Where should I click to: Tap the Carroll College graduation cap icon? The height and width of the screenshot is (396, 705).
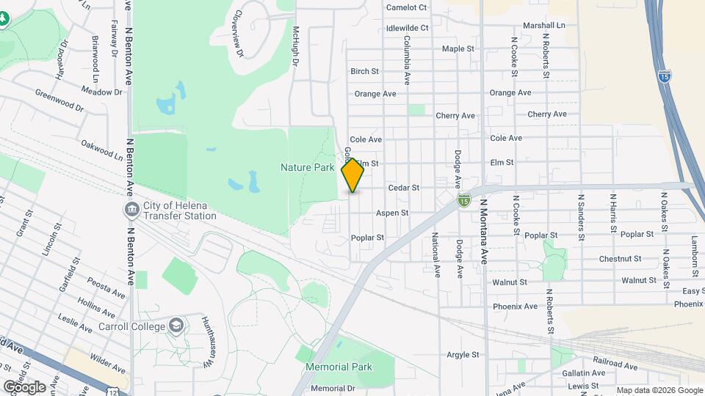click(x=176, y=325)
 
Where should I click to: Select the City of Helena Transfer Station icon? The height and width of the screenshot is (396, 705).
click(x=131, y=210)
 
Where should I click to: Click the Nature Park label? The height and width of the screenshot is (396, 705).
click(x=307, y=167)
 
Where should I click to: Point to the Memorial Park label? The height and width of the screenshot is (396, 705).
click(x=339, y=367)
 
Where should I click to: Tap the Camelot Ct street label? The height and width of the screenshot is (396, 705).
click(x=406, y=7)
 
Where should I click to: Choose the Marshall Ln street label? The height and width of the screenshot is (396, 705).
click(x=544, y=25)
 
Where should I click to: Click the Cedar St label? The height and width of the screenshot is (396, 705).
click(x=403, y=188)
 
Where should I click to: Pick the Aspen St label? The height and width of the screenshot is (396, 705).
click(x=391, y=213)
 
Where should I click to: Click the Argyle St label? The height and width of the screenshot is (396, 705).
click(x=463, y=354)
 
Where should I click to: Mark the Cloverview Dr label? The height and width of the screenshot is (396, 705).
click(x=236, y=34)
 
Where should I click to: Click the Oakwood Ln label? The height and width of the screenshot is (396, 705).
click(x=102, y=150)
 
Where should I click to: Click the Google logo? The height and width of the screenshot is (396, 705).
click(x=24, y=386)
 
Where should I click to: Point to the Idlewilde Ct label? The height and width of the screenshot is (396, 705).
click(x=407, y=28)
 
